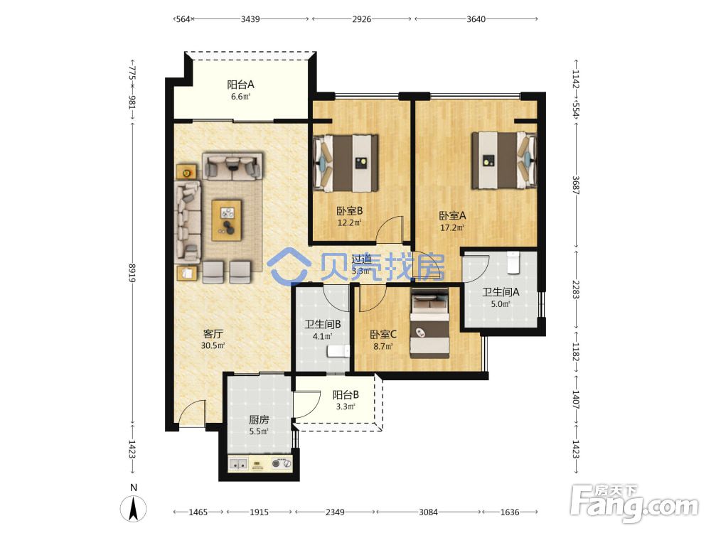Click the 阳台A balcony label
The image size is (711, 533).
pyautogui.click(x=240, y=85)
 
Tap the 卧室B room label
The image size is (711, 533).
pyautogui.click(x=349, y=211)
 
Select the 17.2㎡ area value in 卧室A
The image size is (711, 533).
pyautogui.click(x=452, y=227)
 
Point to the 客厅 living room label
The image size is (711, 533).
pyautogui.click(x=213, y=334)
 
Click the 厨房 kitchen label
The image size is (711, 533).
pyautogui.click(x=259, y=420)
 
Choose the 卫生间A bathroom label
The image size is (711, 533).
pyautogui.click(x=501, y=292)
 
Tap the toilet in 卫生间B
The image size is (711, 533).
pyautogui.click(x=338, y=351)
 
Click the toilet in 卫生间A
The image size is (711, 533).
pyautogui.click(x=513, y=263)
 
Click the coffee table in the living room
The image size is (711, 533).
pyautogui.click(x=226, y=220)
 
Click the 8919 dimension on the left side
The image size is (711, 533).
pyautogui.click(x=132, y=273)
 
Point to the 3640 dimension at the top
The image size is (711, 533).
pyautogui.click(x=476, y=19)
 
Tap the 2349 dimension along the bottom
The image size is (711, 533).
pyautogui.click(x=335, y=512)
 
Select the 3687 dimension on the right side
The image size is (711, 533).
pyautogui.click(x=576, y=185)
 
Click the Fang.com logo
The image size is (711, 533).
pyautogui.click(x=635, y=502)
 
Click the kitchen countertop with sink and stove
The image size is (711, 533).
pyautogui.click(x=260, y=463)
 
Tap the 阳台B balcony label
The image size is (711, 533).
pyautogui.click(x=346, y=394)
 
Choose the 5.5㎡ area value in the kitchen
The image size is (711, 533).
pyautogui.click(x=259, y=431)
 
